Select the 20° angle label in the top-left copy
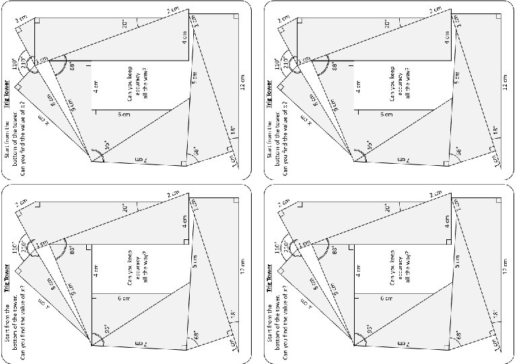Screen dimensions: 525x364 125,23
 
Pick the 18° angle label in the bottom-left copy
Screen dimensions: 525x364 232,313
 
